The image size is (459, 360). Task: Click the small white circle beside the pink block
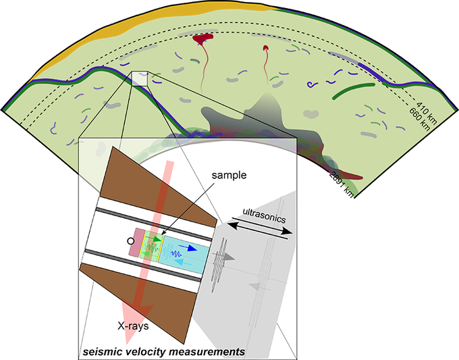coord(130,240)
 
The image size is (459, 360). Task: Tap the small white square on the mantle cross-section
coord(139,78)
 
